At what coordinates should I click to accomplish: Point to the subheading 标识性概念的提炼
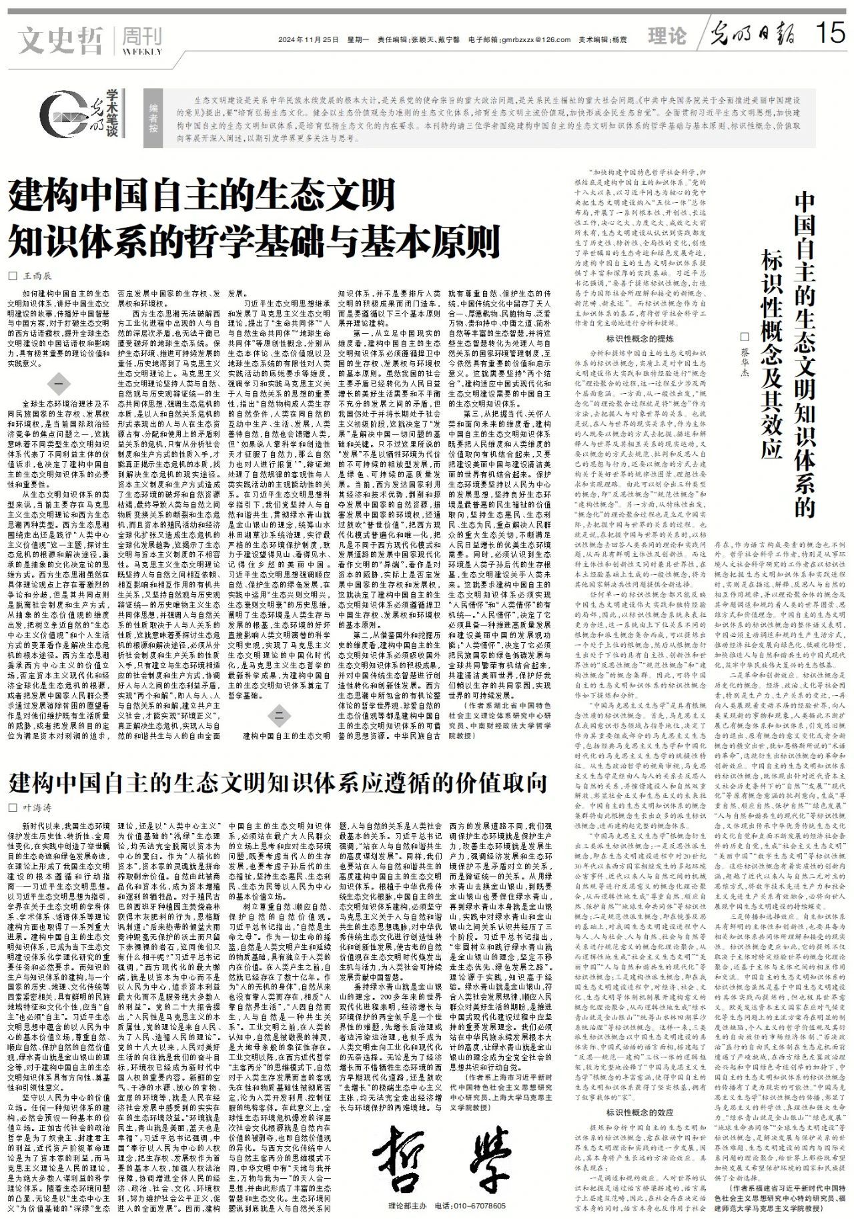tap(640, 339)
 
